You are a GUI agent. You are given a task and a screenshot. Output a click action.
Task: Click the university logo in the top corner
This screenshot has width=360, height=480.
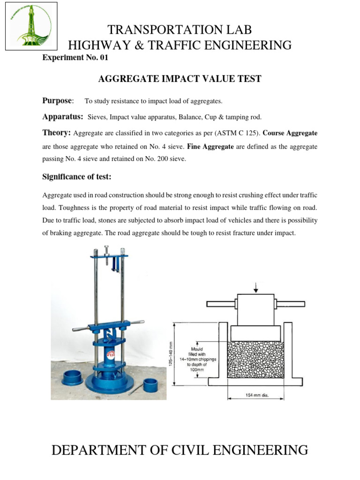point(31,26)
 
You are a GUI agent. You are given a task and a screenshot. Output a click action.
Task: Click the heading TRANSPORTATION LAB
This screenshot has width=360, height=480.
point(180,30)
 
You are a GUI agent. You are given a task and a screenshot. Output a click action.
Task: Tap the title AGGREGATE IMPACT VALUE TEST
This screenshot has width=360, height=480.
point(180,79)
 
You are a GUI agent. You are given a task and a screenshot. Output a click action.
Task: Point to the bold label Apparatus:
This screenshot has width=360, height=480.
point(63,116)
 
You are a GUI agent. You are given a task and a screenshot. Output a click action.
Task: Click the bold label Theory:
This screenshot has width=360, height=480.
point(57,133)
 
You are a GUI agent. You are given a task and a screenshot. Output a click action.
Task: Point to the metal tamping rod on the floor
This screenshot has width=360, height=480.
point(135,390)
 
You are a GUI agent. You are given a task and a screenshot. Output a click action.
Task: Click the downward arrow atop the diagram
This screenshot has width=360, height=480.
point(255,285)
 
